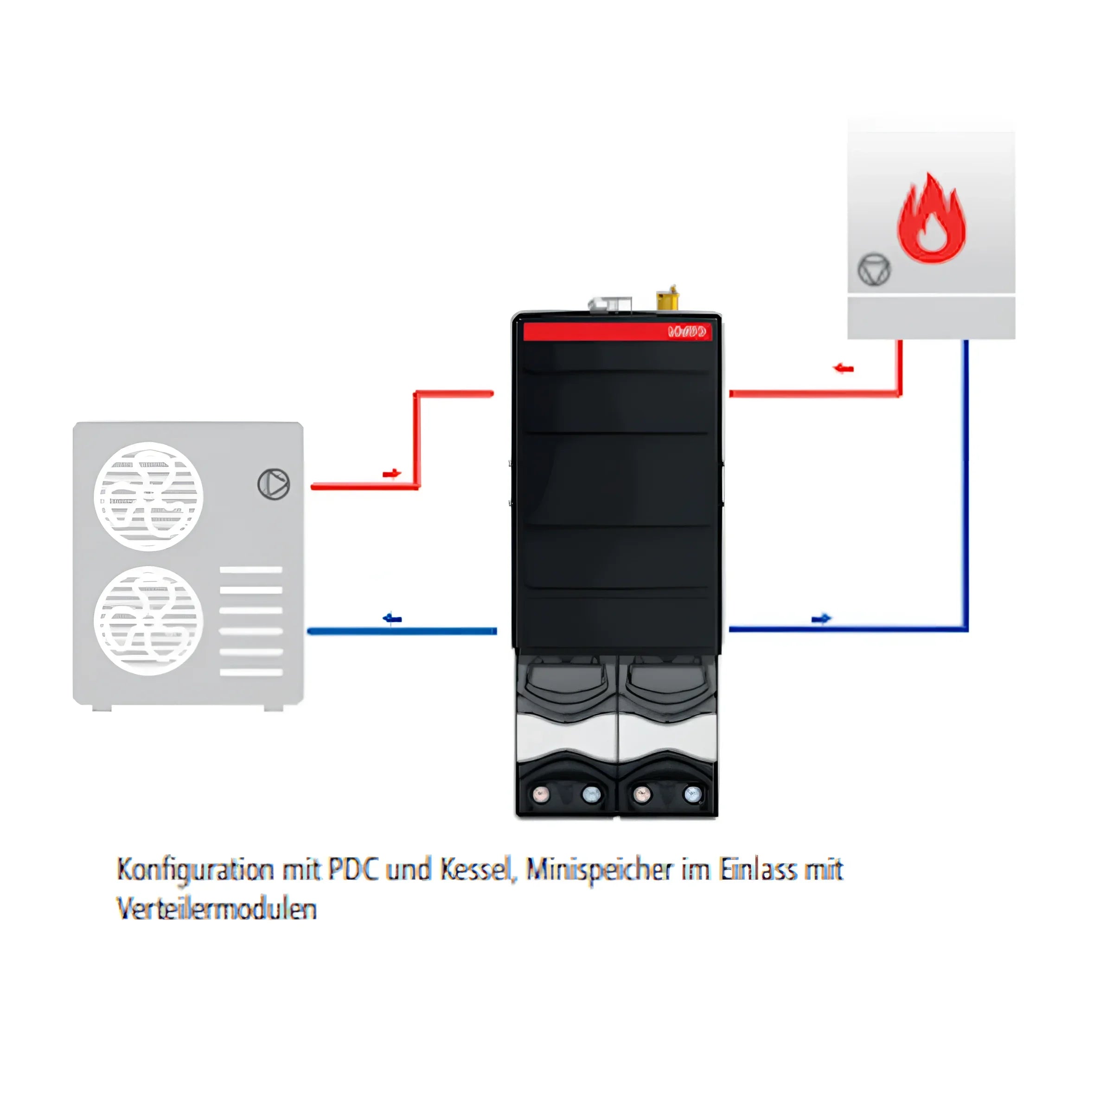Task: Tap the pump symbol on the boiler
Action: coord(874,269)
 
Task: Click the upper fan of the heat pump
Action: coord(148,496)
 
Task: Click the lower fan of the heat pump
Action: coord(148,620)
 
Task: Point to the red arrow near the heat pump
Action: coord(392,473)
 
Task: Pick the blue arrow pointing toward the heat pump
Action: coord(392,619)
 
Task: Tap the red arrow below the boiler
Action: coord(844,368)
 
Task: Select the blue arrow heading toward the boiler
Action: coord(821,619)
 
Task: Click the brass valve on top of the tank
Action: coord(668,299)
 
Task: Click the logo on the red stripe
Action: coord(687,332)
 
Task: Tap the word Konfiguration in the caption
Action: coord(195,870)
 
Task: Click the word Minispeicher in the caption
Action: coord(599,870)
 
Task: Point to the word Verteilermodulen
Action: coord(217,909)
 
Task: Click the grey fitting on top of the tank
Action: coord(609,304)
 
